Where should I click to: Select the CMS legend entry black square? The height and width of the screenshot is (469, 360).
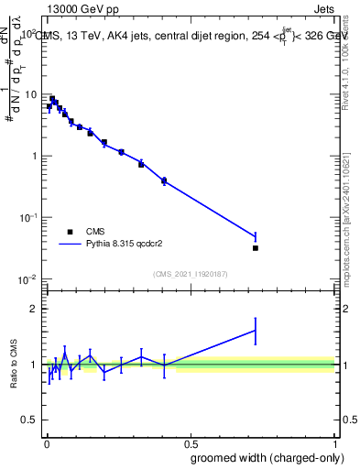pos(69,232)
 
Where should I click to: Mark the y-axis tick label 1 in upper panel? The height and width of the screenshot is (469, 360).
pos(34,156)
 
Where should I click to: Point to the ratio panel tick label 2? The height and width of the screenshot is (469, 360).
pos(34,309)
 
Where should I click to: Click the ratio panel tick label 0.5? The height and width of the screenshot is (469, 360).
pos(28,420)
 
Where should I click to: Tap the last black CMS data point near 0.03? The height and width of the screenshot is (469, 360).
pos(256,247)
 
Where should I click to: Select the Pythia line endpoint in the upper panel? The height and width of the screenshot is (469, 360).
pos(256,237)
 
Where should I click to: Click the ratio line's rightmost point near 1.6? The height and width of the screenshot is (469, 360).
pos(256,331)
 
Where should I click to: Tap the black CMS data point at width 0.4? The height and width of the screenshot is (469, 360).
pos(164,180)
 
